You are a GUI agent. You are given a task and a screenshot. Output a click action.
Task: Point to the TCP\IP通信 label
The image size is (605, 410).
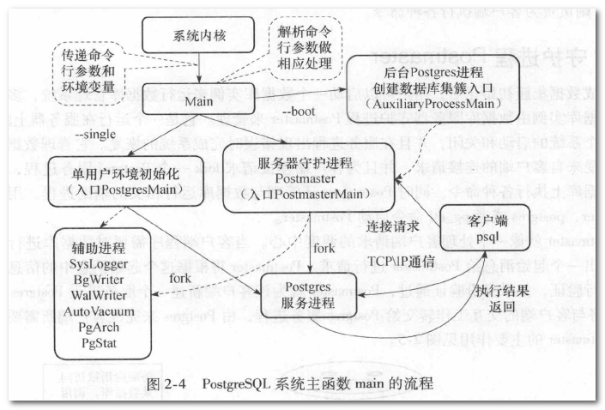pyautogui.click(x=402, y=256)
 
